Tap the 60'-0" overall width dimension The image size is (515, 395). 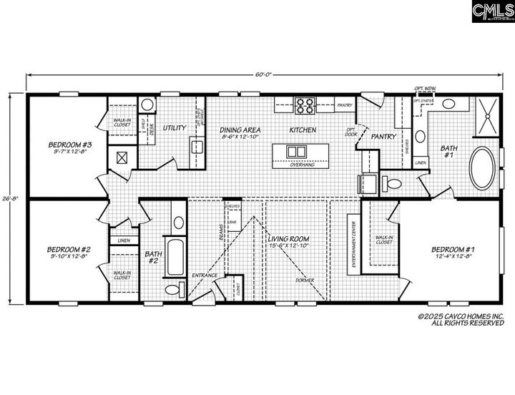pyautogui.click(x=265, y=74)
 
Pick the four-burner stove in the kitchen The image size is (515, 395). pyautogui.click(x=305, y=105)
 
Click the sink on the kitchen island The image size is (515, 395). pyautogui.click(x=294, y=152)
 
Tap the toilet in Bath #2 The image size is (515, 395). pyautogui.click(x=172, y=290)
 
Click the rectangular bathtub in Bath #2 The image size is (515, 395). pyautogui.click(x=175, y=258)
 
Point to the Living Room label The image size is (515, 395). pyautogui.click(x=290, y=241)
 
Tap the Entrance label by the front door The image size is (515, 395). pyautogui.click(x=205, y=275)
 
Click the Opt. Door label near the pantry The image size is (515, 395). pyautogui.click(x=351, y=131)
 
